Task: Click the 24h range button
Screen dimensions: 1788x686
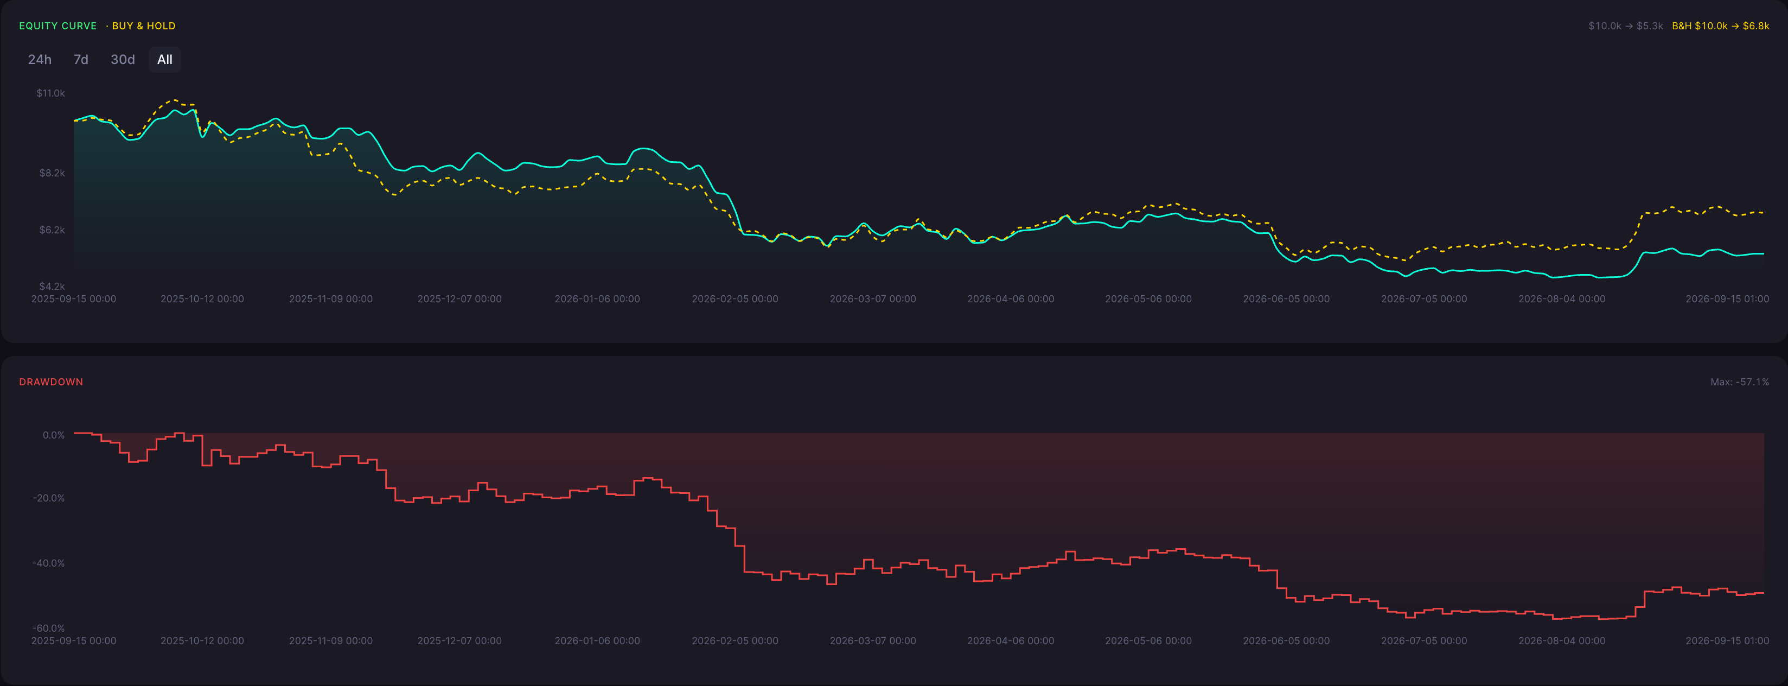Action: click(40, 60)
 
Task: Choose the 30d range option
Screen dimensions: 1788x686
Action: click(123, 60)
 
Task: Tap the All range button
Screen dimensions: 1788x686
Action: click(164, 60)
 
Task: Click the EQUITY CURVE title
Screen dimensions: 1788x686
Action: click(58, 26)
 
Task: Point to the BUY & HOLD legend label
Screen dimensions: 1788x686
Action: click(144, 26)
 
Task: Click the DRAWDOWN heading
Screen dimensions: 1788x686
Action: click(50, 382)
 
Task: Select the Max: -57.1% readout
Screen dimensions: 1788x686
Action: click(1739, 382)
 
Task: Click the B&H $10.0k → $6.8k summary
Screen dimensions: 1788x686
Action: click(1720, 26)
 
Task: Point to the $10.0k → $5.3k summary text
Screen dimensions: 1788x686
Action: click(1626, 26)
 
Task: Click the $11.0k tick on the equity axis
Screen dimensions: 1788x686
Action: click(50, 93)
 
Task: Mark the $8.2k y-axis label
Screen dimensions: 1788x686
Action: click(52, 173)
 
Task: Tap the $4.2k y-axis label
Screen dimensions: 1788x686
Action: click(52, 286)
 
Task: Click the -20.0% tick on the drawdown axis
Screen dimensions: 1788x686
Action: click(49, 498)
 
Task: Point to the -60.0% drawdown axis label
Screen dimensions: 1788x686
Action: click(49, 628)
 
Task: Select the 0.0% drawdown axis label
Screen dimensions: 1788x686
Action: click(54, 435)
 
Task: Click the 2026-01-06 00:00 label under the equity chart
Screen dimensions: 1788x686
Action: click(597, 298)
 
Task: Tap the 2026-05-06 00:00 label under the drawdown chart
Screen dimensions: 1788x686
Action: click(1148, 641)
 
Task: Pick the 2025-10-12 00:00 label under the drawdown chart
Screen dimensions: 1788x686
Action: click(202, 641)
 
